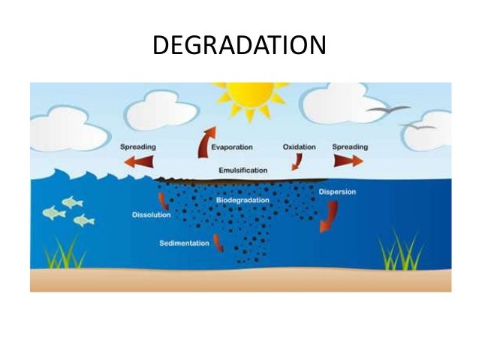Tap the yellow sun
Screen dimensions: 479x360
click(247, 96)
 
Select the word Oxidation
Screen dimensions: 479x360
click(298, 147)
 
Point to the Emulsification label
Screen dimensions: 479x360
click(243, 171)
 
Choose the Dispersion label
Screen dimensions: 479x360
click(336, 192)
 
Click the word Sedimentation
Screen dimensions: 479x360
click(185, 243)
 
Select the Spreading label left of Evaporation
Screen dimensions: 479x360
click(138, 147)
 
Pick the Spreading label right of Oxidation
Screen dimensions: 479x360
click(349, 147)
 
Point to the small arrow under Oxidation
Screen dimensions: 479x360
click(297, 161)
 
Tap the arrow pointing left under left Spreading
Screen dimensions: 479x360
click(138, 161)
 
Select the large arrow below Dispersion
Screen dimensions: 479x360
click(328, 216)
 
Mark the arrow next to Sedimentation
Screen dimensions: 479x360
click(218, 243)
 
